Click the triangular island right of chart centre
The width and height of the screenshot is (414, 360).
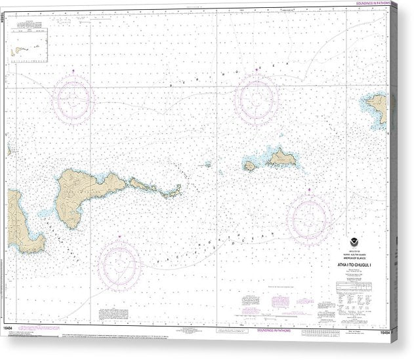281,157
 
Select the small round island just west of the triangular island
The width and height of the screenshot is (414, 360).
249,167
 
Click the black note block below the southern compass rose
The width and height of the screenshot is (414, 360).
119,312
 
